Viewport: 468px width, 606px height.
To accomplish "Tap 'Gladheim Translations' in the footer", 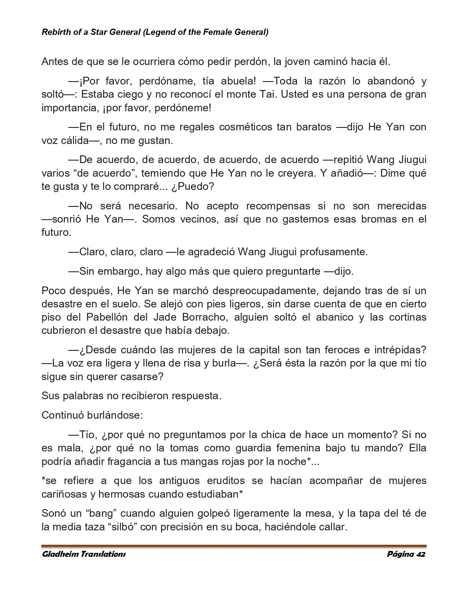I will coord(84,554).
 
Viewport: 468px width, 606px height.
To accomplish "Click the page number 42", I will coord(421,554).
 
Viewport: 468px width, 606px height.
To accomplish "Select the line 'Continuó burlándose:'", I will coord(92,415).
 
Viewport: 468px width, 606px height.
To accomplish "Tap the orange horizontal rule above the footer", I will coord(234,546).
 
